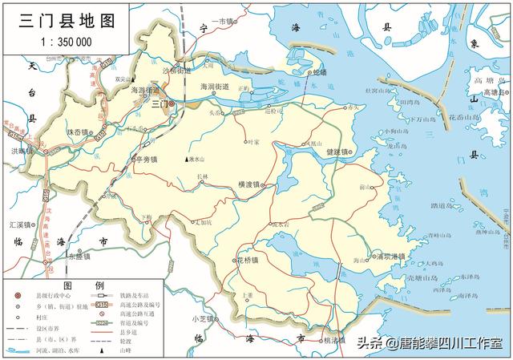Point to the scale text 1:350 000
click(x=60, y=42)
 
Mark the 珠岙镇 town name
click(x=78, y=131)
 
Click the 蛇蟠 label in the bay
click(x=320, y=71)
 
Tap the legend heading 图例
click(x=83, y=286)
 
